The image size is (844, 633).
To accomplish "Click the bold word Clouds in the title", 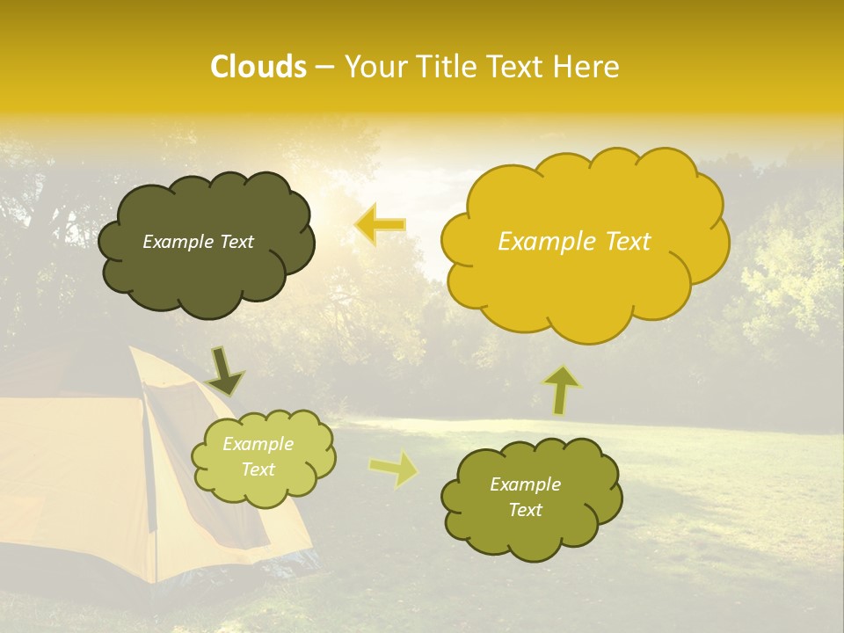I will [x=258, y=67].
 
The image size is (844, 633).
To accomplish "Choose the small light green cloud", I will [x=262, y=457].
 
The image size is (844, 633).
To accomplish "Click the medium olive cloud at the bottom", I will [x=531, y=497].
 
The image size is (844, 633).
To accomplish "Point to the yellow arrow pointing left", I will [x=380, y=224].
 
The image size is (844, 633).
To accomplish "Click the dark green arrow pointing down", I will [x=224, y=371].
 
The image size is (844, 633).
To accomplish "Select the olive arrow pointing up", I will [x=562, y=389].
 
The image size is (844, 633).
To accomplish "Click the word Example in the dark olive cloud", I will [x=178, y=242].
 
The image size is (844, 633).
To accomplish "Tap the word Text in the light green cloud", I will [x=258, y=469].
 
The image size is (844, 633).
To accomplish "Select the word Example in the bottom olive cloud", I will [x=525, y=484].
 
